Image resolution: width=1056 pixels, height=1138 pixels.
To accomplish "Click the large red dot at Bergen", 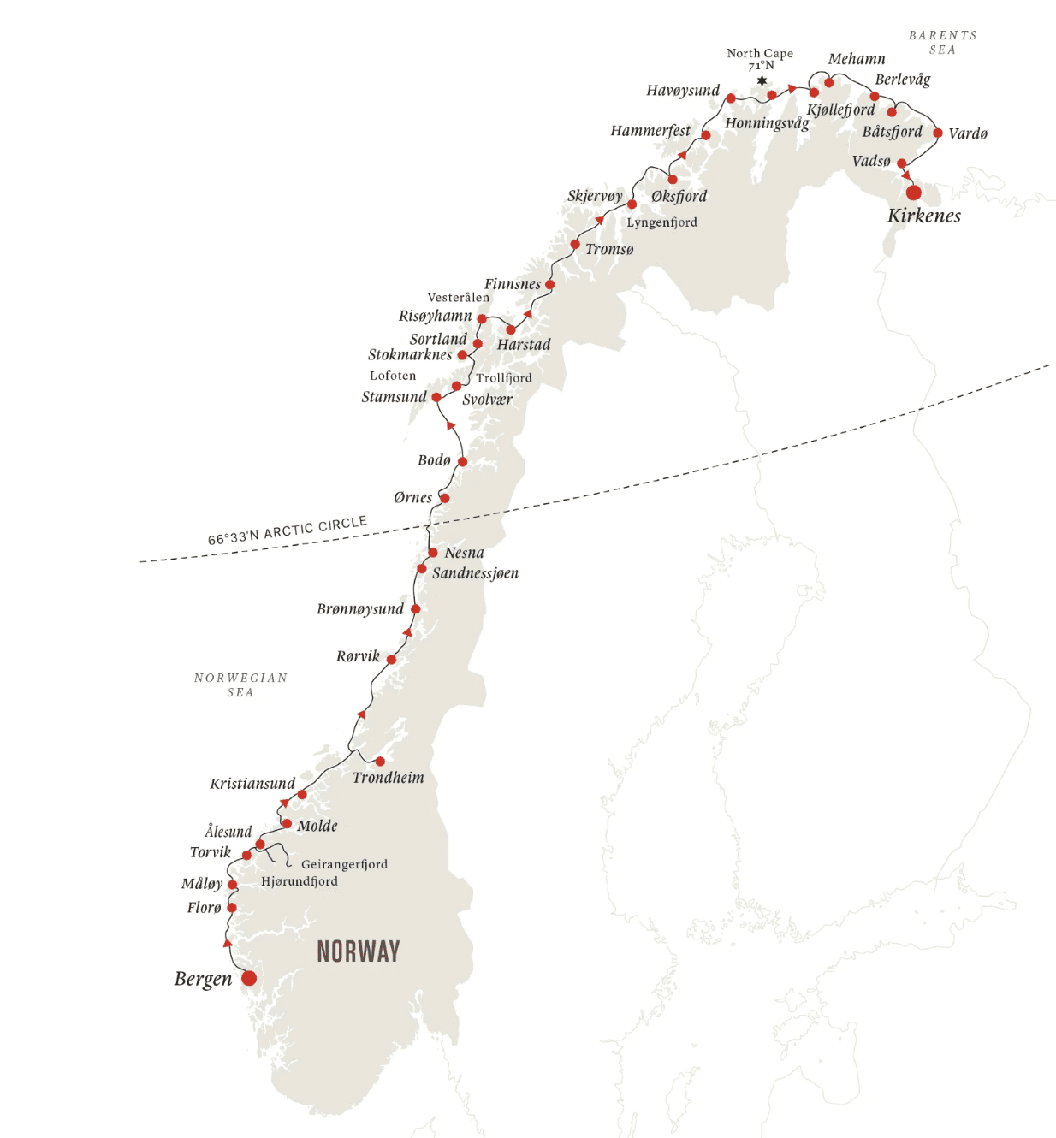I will pos(249,978).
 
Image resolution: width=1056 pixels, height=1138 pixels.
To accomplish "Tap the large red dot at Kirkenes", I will pos(914,193).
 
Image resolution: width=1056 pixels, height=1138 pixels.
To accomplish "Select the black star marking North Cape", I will pos(762,80).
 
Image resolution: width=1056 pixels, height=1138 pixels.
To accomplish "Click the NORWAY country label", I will pos(358,951).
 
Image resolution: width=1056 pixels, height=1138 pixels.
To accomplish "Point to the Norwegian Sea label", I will pos(240,685).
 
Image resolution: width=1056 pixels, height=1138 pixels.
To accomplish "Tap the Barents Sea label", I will pos(942,42).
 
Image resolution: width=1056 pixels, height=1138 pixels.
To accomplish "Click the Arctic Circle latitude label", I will pos(288,530).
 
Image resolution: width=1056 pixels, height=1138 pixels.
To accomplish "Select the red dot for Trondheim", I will pos(380,762).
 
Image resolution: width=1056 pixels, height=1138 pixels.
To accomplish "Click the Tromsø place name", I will pos(609,249).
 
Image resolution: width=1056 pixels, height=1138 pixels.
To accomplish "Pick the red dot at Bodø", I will pos(462,462).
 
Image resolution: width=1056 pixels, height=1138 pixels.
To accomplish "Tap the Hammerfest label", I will pos(650,131).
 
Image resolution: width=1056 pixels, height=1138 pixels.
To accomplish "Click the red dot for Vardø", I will pos(938,133).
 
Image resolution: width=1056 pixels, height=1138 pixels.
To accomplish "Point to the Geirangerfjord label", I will pos(344,864).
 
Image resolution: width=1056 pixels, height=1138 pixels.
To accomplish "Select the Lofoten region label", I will pos(393,376).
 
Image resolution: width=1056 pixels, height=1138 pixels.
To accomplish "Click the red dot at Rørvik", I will pos(391,660).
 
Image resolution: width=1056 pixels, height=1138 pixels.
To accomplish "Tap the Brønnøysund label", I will pos(360,609).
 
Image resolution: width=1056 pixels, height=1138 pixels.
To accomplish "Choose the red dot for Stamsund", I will pos(436,397).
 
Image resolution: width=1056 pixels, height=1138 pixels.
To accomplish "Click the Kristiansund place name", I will pos(252,784).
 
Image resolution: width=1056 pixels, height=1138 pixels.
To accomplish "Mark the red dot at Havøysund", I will pos(730,98).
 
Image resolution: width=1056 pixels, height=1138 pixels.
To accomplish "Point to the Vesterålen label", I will pos(459,298).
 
